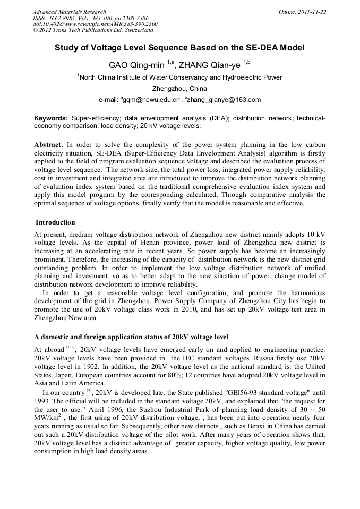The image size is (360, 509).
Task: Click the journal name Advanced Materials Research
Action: click(x=69, y=12)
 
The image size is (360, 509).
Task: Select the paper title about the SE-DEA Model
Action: click(x=179, y=48)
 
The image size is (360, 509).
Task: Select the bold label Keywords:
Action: click(x=51, y=118)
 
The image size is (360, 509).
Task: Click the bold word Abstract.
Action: click(x=48, y=145)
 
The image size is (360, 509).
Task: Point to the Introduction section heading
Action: click(x=55, y=222)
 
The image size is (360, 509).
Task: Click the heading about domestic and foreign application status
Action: click(x=131, y=337)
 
